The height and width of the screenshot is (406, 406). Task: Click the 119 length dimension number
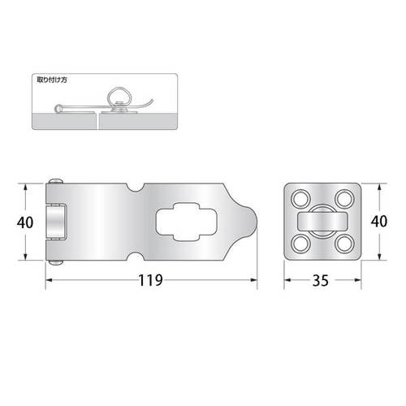150,280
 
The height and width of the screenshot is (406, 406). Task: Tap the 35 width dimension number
321,280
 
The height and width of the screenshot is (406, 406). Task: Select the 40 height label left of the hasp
25,222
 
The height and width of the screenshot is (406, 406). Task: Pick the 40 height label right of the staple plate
379,221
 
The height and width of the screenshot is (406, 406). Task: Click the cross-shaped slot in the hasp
187,222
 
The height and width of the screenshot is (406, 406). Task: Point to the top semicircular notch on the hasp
135,188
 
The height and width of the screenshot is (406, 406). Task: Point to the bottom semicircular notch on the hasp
135,257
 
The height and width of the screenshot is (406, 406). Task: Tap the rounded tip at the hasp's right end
250,222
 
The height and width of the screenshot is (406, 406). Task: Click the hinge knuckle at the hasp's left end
56,222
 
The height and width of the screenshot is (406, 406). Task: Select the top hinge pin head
56,181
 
